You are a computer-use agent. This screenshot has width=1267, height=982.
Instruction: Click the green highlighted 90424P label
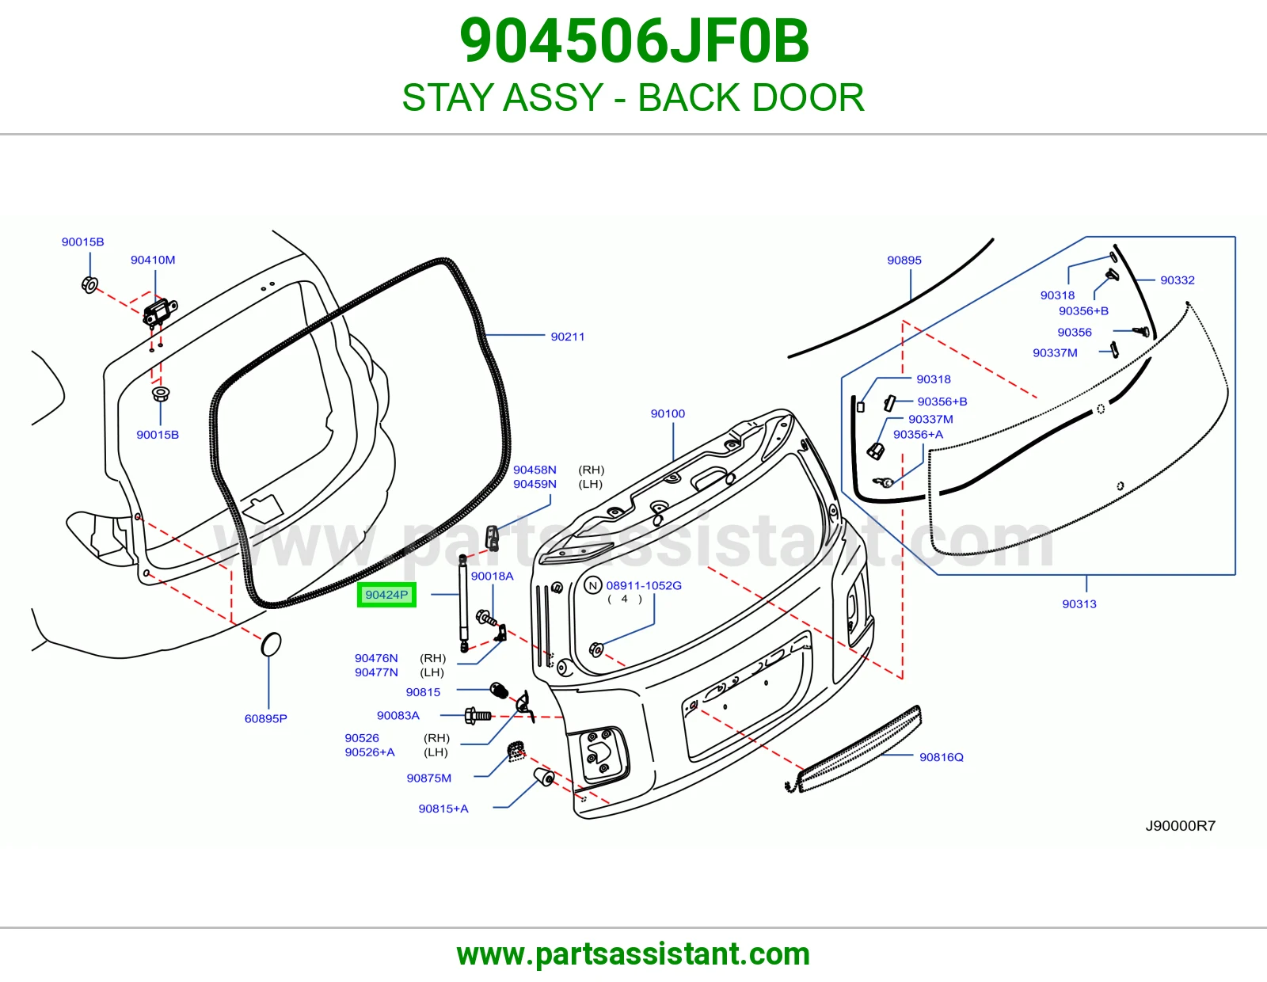pyautogui.click(x=386, y=595)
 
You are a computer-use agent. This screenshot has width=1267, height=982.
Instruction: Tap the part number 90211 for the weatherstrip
pyautogui.click(x=567, y=337)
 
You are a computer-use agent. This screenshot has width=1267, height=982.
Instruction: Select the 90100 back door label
pyautogui.click(x=668, y=413)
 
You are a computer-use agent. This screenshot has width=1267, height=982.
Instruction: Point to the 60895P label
pyautogui.click(x=266, y=718)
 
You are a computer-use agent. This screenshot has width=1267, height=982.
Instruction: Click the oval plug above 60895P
pyautogui.click(x=271, y=645)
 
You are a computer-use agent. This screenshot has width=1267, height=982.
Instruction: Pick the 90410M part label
pyautogui.click(x=153, y=260)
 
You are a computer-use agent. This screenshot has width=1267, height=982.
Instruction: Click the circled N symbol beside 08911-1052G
pyautogui.click(x=593, y=585)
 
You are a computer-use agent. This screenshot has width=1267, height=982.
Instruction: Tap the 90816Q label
pyautogui.click(x=941, y=757)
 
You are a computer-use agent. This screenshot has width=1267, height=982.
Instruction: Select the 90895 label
pyautogui.click(x=904, y=260)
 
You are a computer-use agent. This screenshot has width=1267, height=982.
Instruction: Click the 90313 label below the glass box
pyautogui.click(x=1079, y=604)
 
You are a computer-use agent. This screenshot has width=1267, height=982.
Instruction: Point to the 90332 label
pyautogui.click(x=1178, y=280)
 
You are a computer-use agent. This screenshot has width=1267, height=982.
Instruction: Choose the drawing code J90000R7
pyautogui.click(x=1181, y=826)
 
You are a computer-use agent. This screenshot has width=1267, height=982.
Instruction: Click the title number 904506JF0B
pyautogui.click(x=633, y=41)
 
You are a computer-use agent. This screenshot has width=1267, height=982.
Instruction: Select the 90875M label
pyautogui.click(x=429, y=778)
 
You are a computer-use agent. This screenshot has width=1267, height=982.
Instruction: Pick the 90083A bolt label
pyautogui.click(x=398, y=715)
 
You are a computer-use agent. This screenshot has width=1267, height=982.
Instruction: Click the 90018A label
pyautogui.click(x=492, y=577)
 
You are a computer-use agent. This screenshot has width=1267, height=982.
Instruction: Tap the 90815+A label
pyautogui.click(x=443, y=809)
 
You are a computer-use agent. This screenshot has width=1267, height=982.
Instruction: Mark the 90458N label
pyautogui.click(x=535, y=470)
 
